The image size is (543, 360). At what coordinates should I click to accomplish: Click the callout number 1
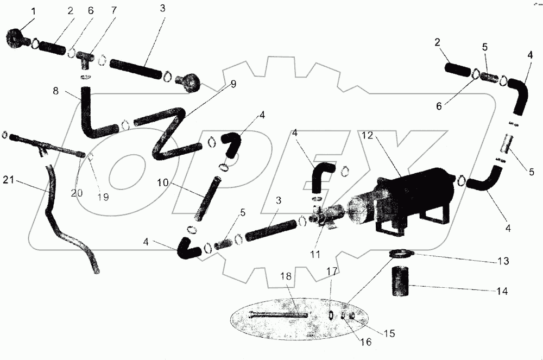coord(17,10)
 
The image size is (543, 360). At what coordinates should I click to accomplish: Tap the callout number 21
coord(9,179)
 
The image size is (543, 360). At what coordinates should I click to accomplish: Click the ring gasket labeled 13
coord(401,252)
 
